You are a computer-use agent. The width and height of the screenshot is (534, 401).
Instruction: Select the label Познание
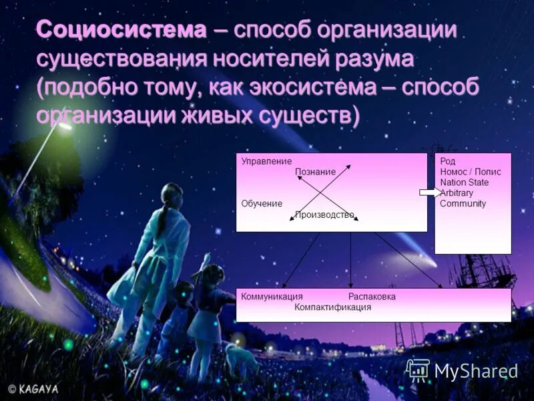pyautogui.click(x=315, y=172)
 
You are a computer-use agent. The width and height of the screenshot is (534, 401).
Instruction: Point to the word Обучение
pyautogui.click(x=262, y=203)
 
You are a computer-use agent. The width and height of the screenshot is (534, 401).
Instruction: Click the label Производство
pyautogui.click(x=324, y=215)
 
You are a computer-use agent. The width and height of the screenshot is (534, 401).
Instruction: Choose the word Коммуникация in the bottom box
pyautogui.click(x=272, y=297)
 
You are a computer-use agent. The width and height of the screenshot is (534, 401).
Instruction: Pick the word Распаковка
pyautogui.click(x=372, y=297)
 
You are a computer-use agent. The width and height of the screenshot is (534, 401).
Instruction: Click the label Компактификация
pyautogui.click(x=332, y=307)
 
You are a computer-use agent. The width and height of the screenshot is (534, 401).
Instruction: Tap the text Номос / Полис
pyautogui.click(x=470, y=172)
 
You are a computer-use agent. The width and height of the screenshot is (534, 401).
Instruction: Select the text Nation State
pyautogui.click(x=464, y=182)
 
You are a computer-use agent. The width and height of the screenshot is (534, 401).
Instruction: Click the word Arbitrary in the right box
pyautogui.click(x=458, y=193)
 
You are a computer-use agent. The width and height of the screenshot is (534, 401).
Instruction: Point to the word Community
pyautogui.click(x=463, y=204)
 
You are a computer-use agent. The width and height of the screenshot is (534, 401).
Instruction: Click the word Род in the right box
pyautogui.click(x=447, y=162)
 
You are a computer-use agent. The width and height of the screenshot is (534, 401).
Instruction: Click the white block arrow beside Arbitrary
pyautogui.click(x=429, y=192)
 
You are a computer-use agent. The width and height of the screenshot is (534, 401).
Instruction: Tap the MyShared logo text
pyautogui.click(x=476, y=371)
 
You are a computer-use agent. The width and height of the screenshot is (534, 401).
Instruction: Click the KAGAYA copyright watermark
pyautogui.click(x=33, y=388)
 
